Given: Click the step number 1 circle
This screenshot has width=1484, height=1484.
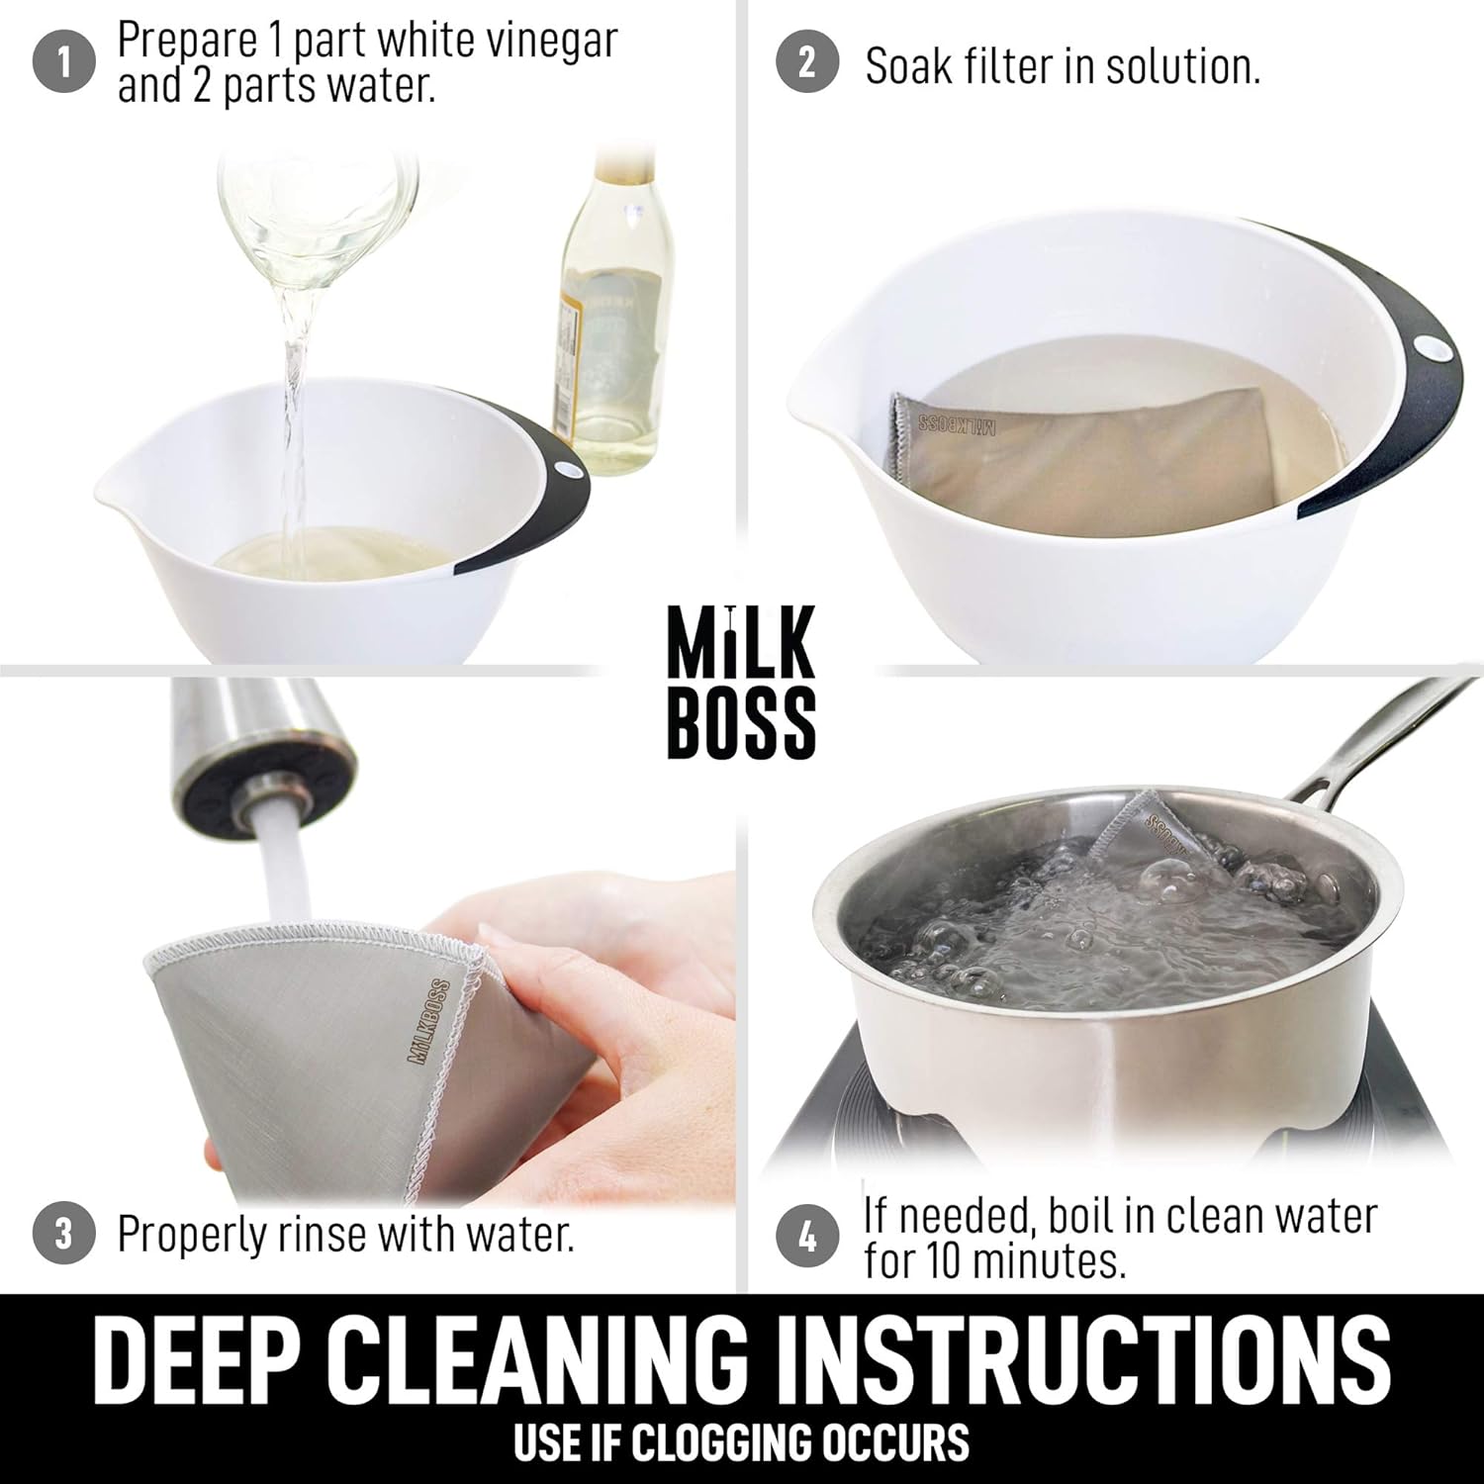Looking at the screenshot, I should (64, 64).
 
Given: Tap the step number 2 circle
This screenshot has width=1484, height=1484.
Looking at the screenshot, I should (807, 64).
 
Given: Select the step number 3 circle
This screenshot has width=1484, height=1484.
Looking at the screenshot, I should (64, 1235).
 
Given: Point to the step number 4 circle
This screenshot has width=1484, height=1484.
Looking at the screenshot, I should (807, 1237).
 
